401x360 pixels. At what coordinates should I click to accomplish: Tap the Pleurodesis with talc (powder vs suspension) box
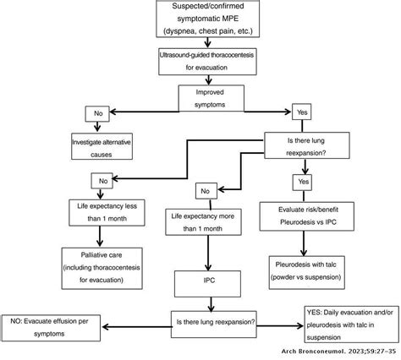pos(313,266)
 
